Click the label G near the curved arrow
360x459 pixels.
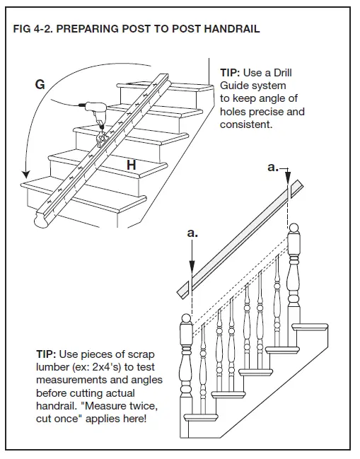pyautogui.click(x=40, y=85)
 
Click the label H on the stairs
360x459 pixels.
pyautogui.click(x=132, y=164)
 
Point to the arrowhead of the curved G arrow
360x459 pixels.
pyautogui.click(x=26, y=174)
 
